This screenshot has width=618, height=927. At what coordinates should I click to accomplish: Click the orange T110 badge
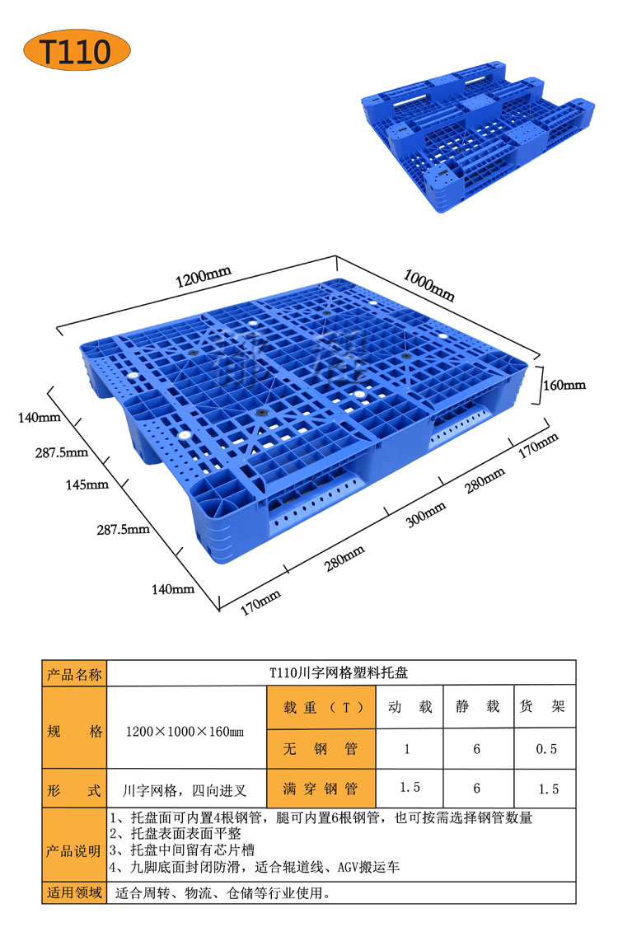pos(77,50)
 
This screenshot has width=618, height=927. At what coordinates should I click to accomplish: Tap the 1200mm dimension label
pos(203,276)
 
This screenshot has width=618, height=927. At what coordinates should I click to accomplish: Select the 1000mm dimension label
pos(429,284)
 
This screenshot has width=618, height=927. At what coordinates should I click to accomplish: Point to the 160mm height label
pos(564,385)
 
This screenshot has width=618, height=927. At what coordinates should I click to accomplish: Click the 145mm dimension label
pos(87,485)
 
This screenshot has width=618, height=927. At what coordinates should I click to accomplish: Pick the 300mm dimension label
pos(426,514)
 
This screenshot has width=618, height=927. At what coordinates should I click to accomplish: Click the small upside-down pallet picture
pos(478,143)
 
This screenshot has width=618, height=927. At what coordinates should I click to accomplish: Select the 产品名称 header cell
pos(74,674)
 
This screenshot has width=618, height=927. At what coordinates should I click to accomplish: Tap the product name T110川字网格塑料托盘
pos(339,672)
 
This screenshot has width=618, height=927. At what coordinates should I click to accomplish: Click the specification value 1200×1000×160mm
pos(185,732)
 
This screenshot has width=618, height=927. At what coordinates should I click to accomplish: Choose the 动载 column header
pos(410,706)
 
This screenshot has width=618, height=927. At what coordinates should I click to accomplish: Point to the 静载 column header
pos(477,706)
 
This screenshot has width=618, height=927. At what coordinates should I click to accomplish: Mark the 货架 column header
pos(543,706)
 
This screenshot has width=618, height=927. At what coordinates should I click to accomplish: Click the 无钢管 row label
pos(321,749)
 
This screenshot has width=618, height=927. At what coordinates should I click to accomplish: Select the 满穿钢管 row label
pos(321,789)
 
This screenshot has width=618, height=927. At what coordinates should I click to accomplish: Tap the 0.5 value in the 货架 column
pos(546,749)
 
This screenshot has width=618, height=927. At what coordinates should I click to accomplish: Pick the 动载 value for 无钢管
pos(407,749)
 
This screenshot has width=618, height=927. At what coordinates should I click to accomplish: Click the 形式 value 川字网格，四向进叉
pos(185,790)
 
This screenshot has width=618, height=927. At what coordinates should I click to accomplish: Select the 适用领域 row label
pos(74,892)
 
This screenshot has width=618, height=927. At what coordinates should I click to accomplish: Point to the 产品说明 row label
pos(74,851)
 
